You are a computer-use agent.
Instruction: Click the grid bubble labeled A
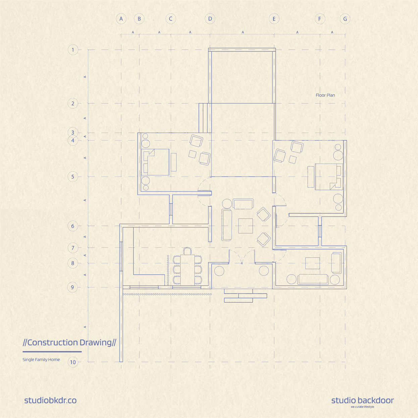121,19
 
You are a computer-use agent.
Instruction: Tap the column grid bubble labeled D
210,19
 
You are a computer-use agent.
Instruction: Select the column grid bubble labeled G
345,19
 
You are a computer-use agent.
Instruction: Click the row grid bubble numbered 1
73,50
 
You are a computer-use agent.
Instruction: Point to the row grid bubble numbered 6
73,226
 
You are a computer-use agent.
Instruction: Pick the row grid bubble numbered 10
73,362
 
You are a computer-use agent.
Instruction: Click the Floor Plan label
325,95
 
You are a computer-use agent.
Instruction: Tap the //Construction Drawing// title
69,343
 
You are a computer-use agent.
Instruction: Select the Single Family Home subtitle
41,360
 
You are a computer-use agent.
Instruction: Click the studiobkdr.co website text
50,401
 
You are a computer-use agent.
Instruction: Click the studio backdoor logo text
362,401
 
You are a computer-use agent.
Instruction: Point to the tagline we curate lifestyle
362,407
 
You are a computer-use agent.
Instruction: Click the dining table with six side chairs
188,270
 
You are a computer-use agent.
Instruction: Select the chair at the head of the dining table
188,251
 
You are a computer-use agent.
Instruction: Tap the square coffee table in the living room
246,226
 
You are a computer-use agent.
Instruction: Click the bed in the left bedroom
155,162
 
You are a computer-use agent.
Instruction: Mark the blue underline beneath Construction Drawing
52,352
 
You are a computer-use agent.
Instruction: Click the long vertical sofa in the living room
227,225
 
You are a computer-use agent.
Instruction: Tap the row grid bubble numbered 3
73,132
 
